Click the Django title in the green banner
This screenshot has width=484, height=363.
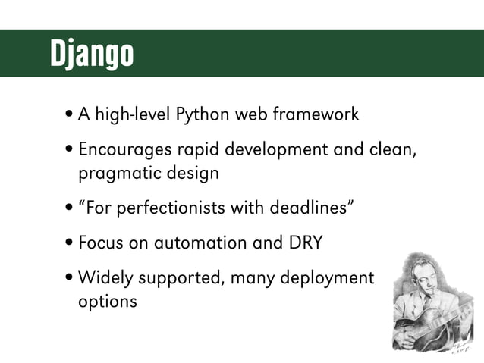tap(92, 53)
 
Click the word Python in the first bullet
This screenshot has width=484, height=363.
tap(203, 115)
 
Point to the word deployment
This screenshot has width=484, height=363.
tap(327, 278)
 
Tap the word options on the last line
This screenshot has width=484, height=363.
tap(108, 301)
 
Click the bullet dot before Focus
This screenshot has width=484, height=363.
tap(69, 244)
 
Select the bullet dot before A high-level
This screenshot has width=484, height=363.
tap(69, 116)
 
